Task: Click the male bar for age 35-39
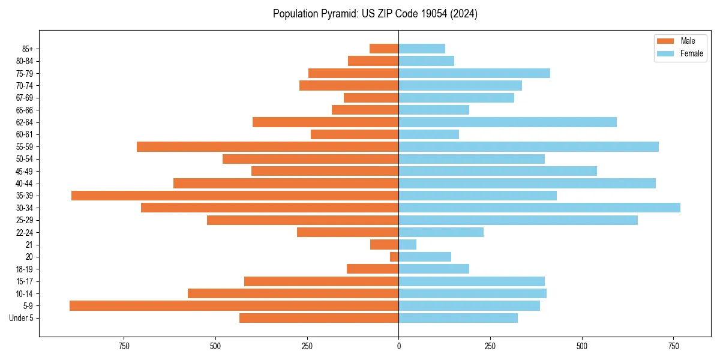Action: point(235,196)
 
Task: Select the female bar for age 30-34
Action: point(539,208)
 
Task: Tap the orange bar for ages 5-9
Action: point(234,305)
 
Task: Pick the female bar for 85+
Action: point(422,49)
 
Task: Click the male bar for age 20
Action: point(394,257)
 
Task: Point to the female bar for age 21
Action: point(407,244)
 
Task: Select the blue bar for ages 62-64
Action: point(508,122)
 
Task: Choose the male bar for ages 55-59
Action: point(268,146)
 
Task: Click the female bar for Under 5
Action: point(458,318)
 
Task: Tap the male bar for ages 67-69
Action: point(371,98)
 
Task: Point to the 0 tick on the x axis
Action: point(398,346)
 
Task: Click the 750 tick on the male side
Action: point(124,346)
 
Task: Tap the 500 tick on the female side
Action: point(582,346)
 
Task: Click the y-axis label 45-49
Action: point(25,171)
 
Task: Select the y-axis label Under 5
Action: point(21,318)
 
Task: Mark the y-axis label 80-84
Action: point(25,61)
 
